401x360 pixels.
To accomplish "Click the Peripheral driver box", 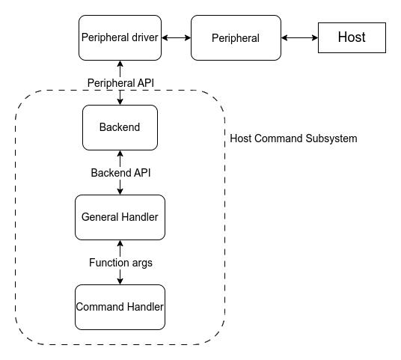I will pyautogui.click(x=120, y=37).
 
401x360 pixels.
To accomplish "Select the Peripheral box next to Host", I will pyautogui.click(x=236, y=37).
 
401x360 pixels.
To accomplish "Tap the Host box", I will pyautogui.click(x=352, y=37).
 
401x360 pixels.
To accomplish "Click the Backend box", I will pyautogui.click(x=120, y=127).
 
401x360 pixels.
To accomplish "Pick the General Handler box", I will pyautogui.click(x=120, y=217).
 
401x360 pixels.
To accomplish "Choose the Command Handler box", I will pyautogui.click(x=120, y=307).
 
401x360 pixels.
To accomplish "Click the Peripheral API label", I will pyautogui.click(x=120, y=81).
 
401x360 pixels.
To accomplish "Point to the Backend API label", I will pyautogui.click(x=120, y=173).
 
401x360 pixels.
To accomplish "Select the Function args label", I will pyautogui.click(x=120, y=263).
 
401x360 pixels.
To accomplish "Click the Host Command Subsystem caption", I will pyautogui.click(x=293, y=138).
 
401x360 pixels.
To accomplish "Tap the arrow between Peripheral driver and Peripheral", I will pyautogui.click(x=176, y=37).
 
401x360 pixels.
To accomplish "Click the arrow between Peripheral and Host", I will pyautogui.click(x=299, y=37).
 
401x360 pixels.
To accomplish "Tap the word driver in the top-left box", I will pyautogui.click(x=145, y=37).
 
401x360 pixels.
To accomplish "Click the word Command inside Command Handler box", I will pyautogui.click(x=100, y=307).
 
